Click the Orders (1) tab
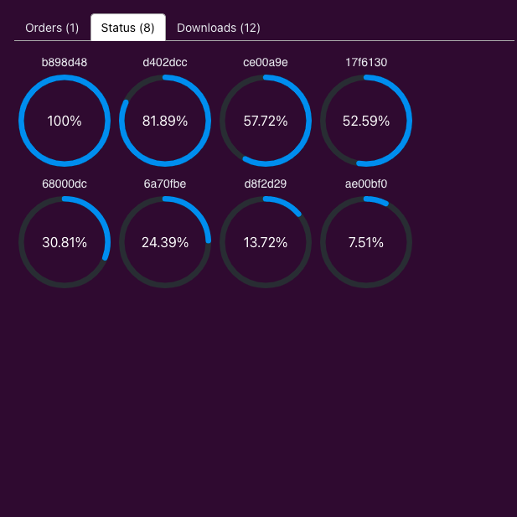tap(52, 28)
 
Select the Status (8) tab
tap(127, 28)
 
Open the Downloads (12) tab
tap(219, 28)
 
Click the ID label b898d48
tap(65, 62)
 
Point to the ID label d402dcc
tap(165, 62)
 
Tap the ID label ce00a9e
tap(266, 62)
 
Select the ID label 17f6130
tap(366, 62)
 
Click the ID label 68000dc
tap(65, 184)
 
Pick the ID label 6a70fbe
tap(165, 184)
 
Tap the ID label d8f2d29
tap(266, 184)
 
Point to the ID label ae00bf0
tap(366, 184)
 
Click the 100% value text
tap(65, 121)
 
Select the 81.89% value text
tap(165, 121)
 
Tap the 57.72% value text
tap(266, 121)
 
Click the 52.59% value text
tap(366, 121)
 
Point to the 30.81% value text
tap(65, 242)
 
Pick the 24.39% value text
tap(165, 242)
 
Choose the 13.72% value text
tap(266, 242)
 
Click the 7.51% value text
tap(366, 242)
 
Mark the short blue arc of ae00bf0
tap(376, 200)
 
